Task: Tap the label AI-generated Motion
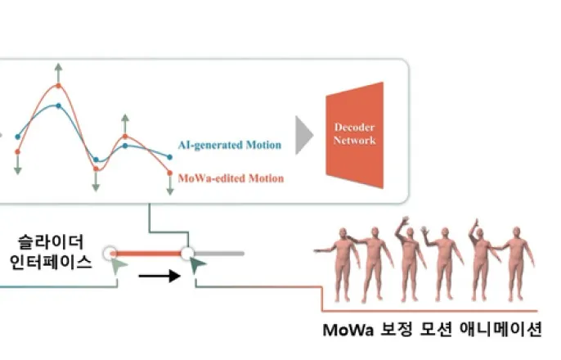tap(229, 146)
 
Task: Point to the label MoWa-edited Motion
tap(231, 178)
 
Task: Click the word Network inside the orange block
tap(355, 140)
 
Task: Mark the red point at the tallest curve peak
tap(58, 86)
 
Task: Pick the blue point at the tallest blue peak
tap(57, 106)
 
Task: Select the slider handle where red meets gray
tap(187, 253)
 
